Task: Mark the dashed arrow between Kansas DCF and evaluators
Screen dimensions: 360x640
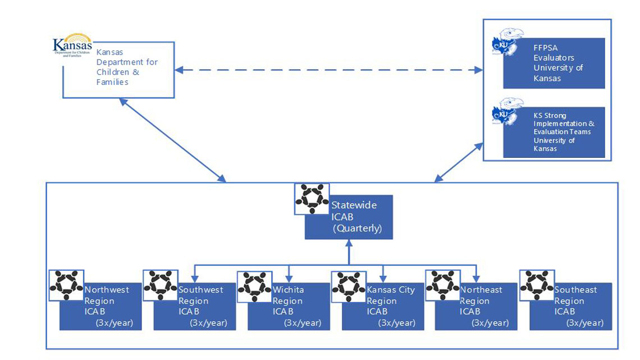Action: [328, 70]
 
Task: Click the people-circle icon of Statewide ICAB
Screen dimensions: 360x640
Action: [312, 198]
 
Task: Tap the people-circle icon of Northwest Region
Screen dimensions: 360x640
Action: [66, 285]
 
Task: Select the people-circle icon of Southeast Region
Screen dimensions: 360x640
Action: [537, 285]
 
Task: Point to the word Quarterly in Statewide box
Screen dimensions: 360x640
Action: [358, 229]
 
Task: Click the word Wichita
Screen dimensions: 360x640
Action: [288, 290]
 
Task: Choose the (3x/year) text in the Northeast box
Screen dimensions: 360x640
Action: [490, 323]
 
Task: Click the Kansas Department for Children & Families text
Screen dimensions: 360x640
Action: [127, 67]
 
